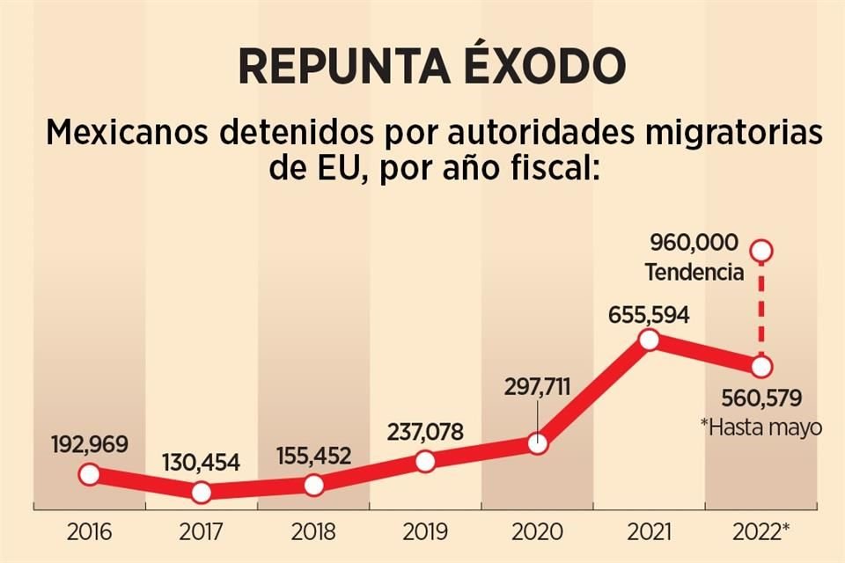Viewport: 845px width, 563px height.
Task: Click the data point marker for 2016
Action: (x=89, y=474)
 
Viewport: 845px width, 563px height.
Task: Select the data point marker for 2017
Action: (x=201, y=492)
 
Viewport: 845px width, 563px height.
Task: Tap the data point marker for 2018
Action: (x=313, y=485)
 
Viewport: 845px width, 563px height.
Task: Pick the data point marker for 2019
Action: (x=425, y=461)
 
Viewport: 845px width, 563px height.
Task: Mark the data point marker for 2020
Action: (x=537, y=443)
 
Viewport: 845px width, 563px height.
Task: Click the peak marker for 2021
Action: (x=649, y=340)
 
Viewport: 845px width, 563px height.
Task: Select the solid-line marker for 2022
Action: (x=761, y=366)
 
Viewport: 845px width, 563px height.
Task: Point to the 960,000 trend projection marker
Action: (x=762, y=251)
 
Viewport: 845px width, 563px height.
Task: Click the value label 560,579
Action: (x=761, y=399)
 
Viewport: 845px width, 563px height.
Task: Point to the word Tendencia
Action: (x=694, y=273)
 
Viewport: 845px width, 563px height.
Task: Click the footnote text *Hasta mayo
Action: (x=760, y=428)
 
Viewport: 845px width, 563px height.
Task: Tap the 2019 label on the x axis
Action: (x=425, y=531)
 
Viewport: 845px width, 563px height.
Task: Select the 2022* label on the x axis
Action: (x=762, y=531)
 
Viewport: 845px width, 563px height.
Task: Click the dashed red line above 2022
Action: (x=762, y=308)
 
